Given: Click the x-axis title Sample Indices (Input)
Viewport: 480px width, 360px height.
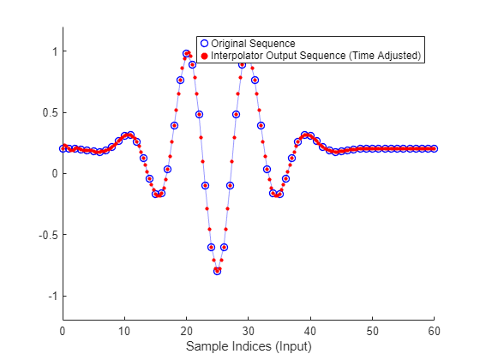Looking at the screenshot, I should point(249,346).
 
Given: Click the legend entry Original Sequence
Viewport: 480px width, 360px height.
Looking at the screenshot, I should point(253,43).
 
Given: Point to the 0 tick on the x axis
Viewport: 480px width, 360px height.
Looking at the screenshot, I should point(63,330).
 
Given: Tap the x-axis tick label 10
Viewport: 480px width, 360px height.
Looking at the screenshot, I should point(124,330).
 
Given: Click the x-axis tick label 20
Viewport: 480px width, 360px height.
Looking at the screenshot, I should point(186,330).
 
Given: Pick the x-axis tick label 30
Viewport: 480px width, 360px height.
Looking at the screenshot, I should point(249,330).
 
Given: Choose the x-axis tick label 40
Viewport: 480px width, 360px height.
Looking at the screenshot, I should point(310,330).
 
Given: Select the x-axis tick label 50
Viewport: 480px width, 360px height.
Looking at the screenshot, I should point(372,330).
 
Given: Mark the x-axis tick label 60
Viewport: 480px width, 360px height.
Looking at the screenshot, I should point(434,330).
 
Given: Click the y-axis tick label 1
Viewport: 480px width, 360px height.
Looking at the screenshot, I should point(53,51).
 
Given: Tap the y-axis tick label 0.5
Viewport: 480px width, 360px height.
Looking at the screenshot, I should point(49,112).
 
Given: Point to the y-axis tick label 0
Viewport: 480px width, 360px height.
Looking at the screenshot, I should point(53,173).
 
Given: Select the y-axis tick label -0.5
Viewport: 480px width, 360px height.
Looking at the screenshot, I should point(47,235).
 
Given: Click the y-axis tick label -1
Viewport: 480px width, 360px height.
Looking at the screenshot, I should point(51,296).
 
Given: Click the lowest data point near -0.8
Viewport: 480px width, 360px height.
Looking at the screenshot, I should point(217,271).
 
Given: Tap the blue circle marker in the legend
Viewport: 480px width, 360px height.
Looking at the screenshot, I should point(204,43).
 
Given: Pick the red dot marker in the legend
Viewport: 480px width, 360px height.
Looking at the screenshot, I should point(204,56).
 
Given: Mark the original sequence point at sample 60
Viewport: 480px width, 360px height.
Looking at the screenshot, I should point(434,148).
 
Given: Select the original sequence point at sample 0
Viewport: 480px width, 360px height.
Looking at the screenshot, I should point(63,148).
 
